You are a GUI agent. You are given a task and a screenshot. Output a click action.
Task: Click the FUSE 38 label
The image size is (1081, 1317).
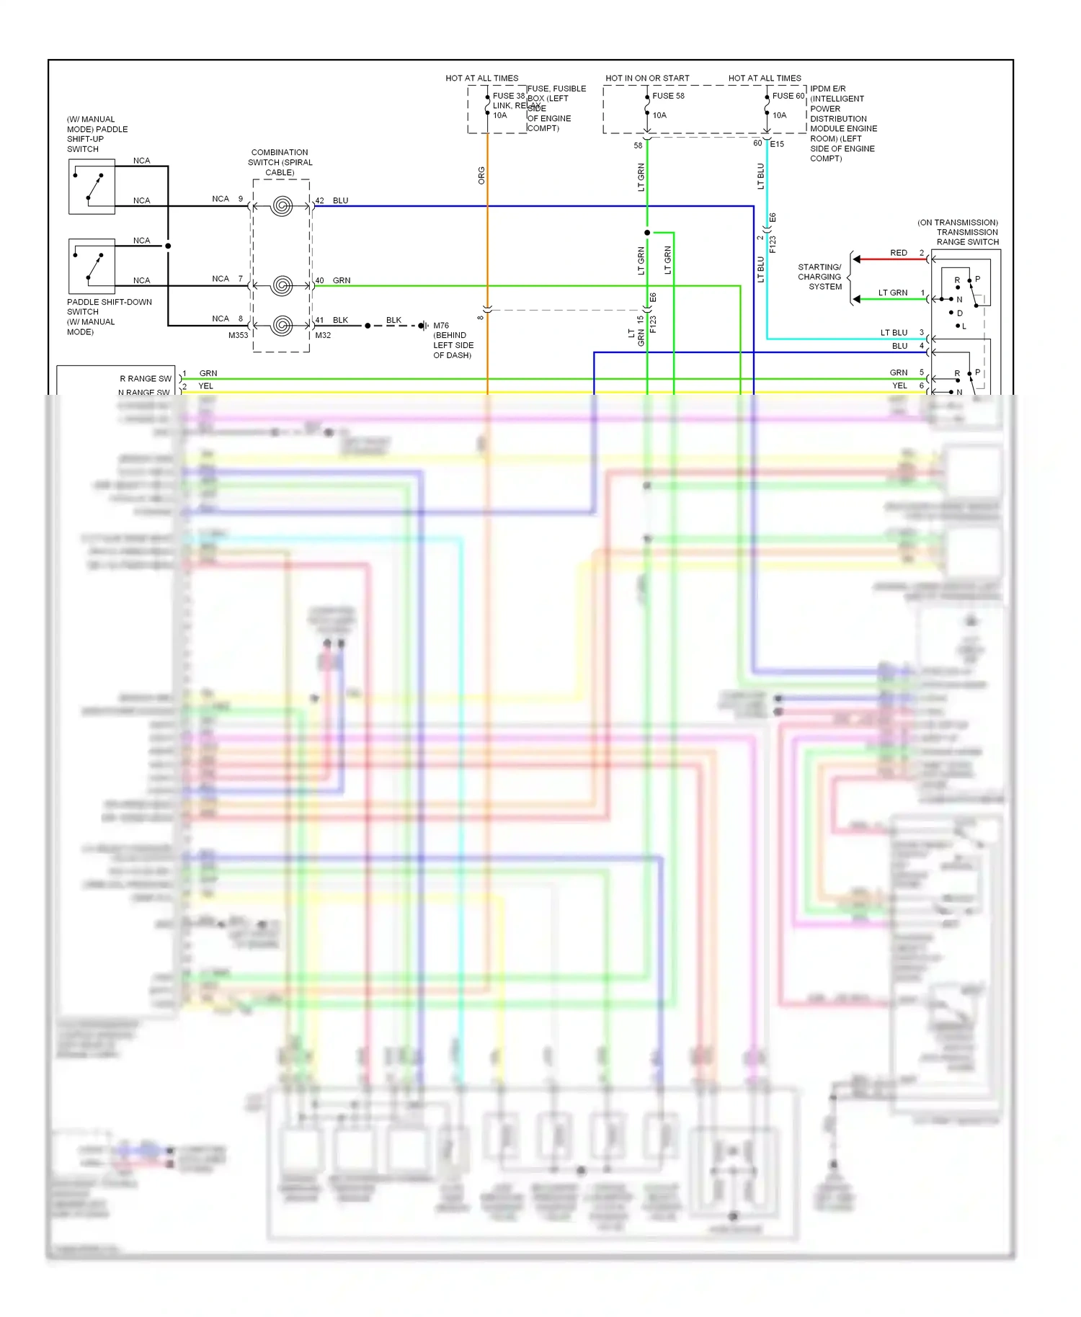(x=508, y=96)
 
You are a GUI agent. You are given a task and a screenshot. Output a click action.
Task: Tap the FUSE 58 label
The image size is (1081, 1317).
(x=668, y=96)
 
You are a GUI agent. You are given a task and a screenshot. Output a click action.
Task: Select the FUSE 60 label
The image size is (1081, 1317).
(x=788, y=96)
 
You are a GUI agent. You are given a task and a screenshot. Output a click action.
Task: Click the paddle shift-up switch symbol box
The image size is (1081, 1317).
(x=92, y=187)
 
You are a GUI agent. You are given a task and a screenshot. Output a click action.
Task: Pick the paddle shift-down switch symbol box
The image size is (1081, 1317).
(x=92, y=266)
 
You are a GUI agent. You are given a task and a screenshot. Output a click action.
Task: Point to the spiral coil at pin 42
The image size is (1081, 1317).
(x=282, y=207)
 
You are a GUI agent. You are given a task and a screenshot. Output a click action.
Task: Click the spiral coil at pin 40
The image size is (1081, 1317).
(x=282, y=286)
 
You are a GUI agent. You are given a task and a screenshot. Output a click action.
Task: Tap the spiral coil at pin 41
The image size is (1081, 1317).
(x=282, y=326)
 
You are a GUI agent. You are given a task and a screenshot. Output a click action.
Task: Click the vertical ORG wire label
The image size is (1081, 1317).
(x=481, y=175)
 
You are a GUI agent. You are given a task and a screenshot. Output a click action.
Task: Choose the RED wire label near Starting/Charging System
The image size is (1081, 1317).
(x=898, y=253)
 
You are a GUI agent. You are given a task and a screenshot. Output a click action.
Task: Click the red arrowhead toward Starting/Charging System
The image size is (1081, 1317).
(x=857, y=259)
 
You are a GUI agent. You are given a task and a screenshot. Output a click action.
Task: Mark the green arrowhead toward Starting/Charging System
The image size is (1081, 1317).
(x=857, y=299)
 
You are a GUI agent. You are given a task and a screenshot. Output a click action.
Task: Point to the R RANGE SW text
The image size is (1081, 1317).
(x=146, y=379)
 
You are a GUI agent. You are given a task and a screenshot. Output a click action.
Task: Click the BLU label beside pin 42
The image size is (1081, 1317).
(x=340, y=201)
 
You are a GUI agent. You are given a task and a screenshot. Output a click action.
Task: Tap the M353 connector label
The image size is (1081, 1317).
(x=238, y=336)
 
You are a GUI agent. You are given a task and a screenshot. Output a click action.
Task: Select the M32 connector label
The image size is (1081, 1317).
(x=323, y=336)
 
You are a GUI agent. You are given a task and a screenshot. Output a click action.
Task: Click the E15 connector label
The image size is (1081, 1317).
(x=777, y=144)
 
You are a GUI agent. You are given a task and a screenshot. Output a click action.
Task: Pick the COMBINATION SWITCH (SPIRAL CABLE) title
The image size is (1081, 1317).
(x=280, y=162)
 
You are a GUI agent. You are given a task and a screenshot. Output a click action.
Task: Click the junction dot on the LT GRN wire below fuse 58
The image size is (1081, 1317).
(x=647, y=233)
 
